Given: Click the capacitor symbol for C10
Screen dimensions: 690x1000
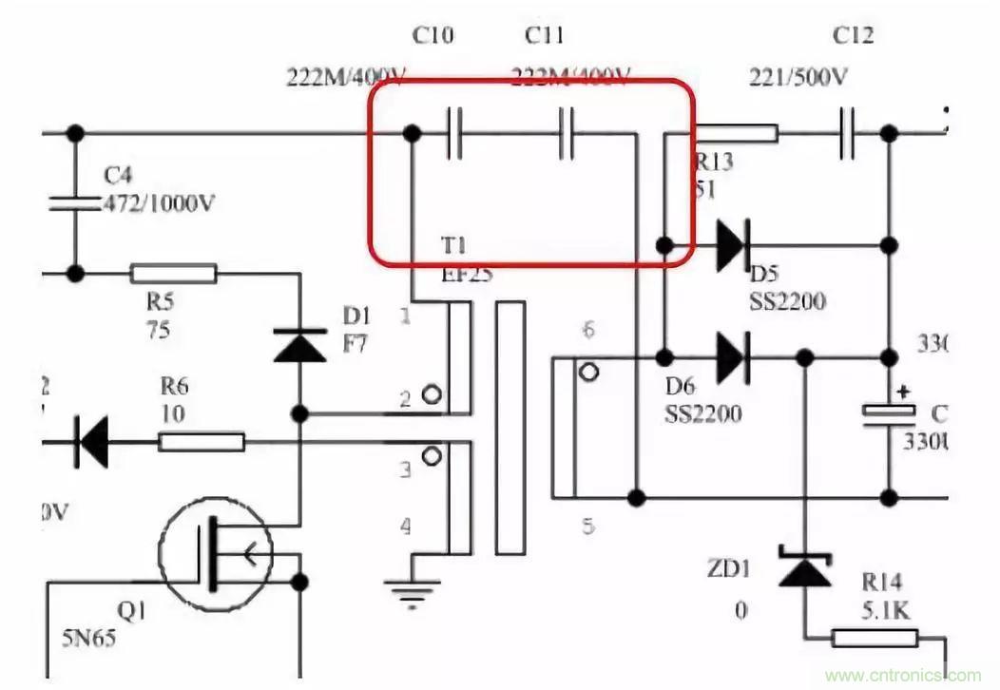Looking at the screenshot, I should click(x=454, y=134).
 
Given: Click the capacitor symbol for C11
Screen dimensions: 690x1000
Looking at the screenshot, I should click(x=568, y=134).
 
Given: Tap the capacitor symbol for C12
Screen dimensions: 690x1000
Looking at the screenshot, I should click(x=850, y=134).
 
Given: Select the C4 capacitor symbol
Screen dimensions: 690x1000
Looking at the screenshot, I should click(x=73, y=202).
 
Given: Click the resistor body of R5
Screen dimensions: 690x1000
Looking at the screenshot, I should click(x=173, y=275).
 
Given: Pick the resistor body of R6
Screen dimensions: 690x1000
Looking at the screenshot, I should click(x=201, y=442).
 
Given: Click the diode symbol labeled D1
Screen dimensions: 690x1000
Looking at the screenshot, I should click(x=299, y=345).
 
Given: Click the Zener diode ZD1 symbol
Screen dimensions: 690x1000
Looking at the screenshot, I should click(x=804, y=568).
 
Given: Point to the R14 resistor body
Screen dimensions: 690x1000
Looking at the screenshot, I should click(x=875, y=638).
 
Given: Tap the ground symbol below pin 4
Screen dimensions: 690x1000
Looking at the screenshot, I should click(x=413, y=590).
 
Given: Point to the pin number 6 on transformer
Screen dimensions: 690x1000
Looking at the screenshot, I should click(x=588, y=331).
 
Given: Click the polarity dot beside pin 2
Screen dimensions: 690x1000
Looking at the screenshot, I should click(x=433, y=394).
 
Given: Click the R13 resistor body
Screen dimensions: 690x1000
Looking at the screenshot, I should click(x=737, y=134).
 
